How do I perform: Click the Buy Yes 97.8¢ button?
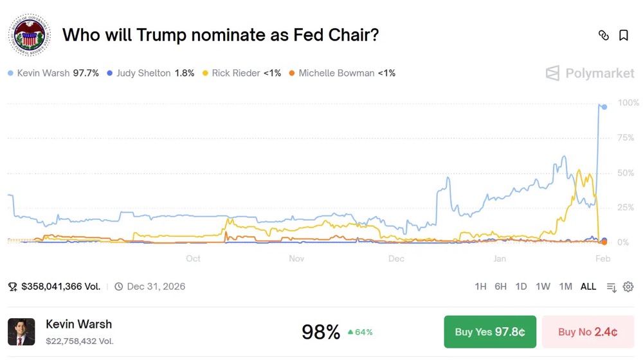click(490, 332)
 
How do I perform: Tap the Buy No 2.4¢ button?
click(588, 332)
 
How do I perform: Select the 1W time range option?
click(543, 287)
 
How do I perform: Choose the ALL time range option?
click(588, 287)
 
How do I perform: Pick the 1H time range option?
click(480, 287)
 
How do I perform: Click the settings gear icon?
click(628, 287)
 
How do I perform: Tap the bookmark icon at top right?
click(624, 35)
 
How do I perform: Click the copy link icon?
click(604, 35)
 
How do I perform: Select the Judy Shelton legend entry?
click(151, 73)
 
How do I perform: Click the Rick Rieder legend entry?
click(242, 73)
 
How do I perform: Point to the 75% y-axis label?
click(626, 138)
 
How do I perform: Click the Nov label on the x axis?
click(296, 258)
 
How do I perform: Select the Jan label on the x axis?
click(500, 258)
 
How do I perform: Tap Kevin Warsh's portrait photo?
click(21, 332)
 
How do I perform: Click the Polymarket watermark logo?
click(590, 73)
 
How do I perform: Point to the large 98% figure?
click(321, 332)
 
